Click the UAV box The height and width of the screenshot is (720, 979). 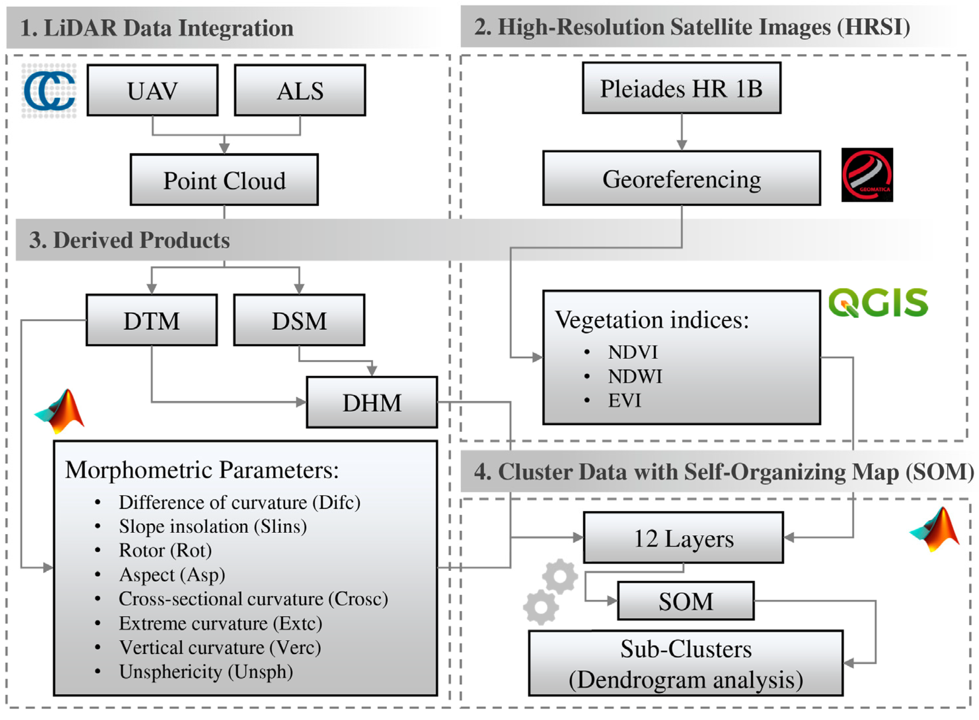pos(152,90)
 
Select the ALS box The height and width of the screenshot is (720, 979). pos(300,90)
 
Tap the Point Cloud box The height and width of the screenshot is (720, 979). pos(224,180)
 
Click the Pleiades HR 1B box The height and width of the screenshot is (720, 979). pos(681,88)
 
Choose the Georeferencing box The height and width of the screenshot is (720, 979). pos(681,178)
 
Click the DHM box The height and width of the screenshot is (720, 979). pos(372,402)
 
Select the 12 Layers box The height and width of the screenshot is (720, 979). pos(683,538)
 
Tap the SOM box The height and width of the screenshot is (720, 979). pos(685,601)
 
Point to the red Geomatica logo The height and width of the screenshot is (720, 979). pos(867,175)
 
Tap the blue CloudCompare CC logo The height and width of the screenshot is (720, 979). pos(49,91)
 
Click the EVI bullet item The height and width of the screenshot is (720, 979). pos(624,401)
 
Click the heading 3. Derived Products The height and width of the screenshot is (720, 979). pos(129,240)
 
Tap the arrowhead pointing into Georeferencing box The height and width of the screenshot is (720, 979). pos(681,145)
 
